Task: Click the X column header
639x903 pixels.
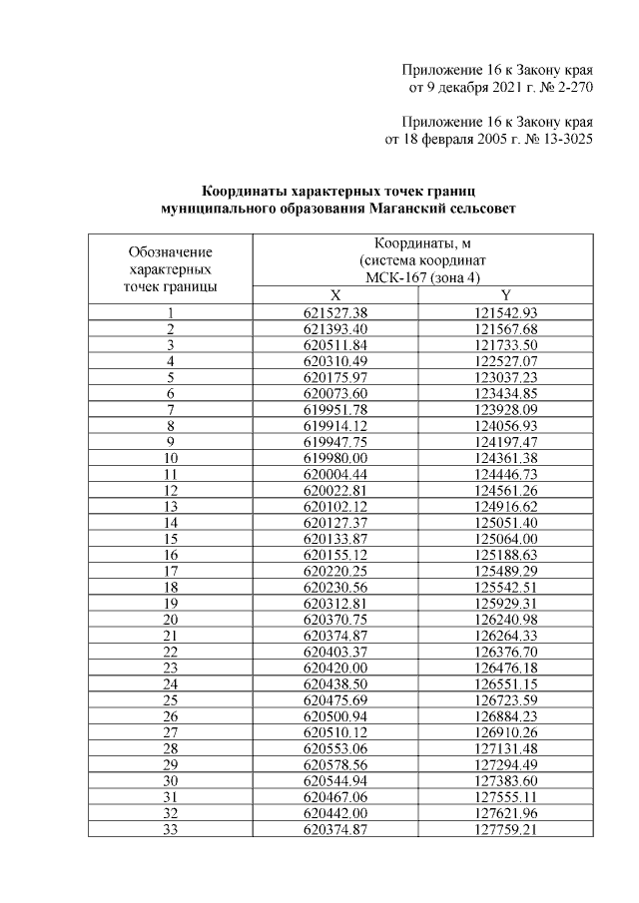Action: (x=334, y=295)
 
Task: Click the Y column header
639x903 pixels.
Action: (x=506, y=295)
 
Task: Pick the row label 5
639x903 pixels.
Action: (x=171, y=377)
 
